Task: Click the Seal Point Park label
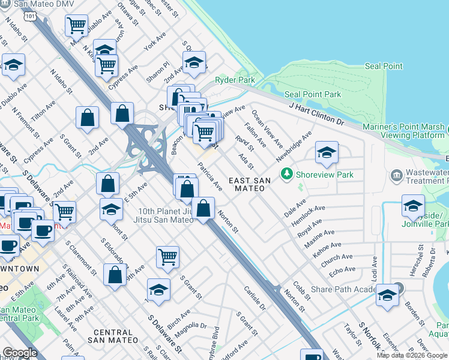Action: point(312,94)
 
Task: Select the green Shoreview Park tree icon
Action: point(287,175)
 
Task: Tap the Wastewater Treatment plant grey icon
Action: point(396,175)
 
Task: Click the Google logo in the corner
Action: point(20,353)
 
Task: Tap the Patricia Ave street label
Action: point(210,176)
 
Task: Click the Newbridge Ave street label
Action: point(294,146)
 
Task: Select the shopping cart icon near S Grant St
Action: point(168,257)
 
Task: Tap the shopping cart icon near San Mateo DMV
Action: point(77,26)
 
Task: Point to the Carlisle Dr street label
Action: point(255,298)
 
